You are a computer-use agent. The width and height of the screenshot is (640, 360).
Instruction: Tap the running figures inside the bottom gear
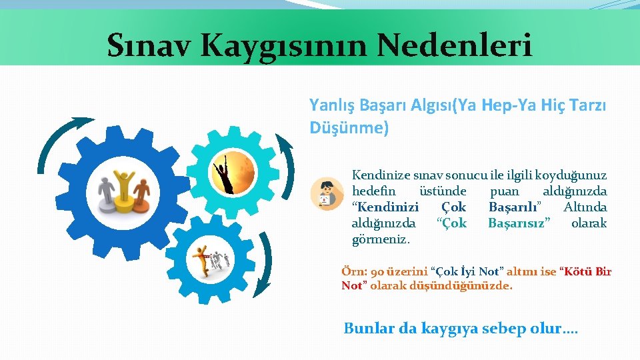pos(212,260)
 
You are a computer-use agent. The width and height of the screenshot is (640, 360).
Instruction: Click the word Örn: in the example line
pos(351,271)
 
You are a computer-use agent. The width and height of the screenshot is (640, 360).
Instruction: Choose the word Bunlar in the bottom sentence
pos(366,328)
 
